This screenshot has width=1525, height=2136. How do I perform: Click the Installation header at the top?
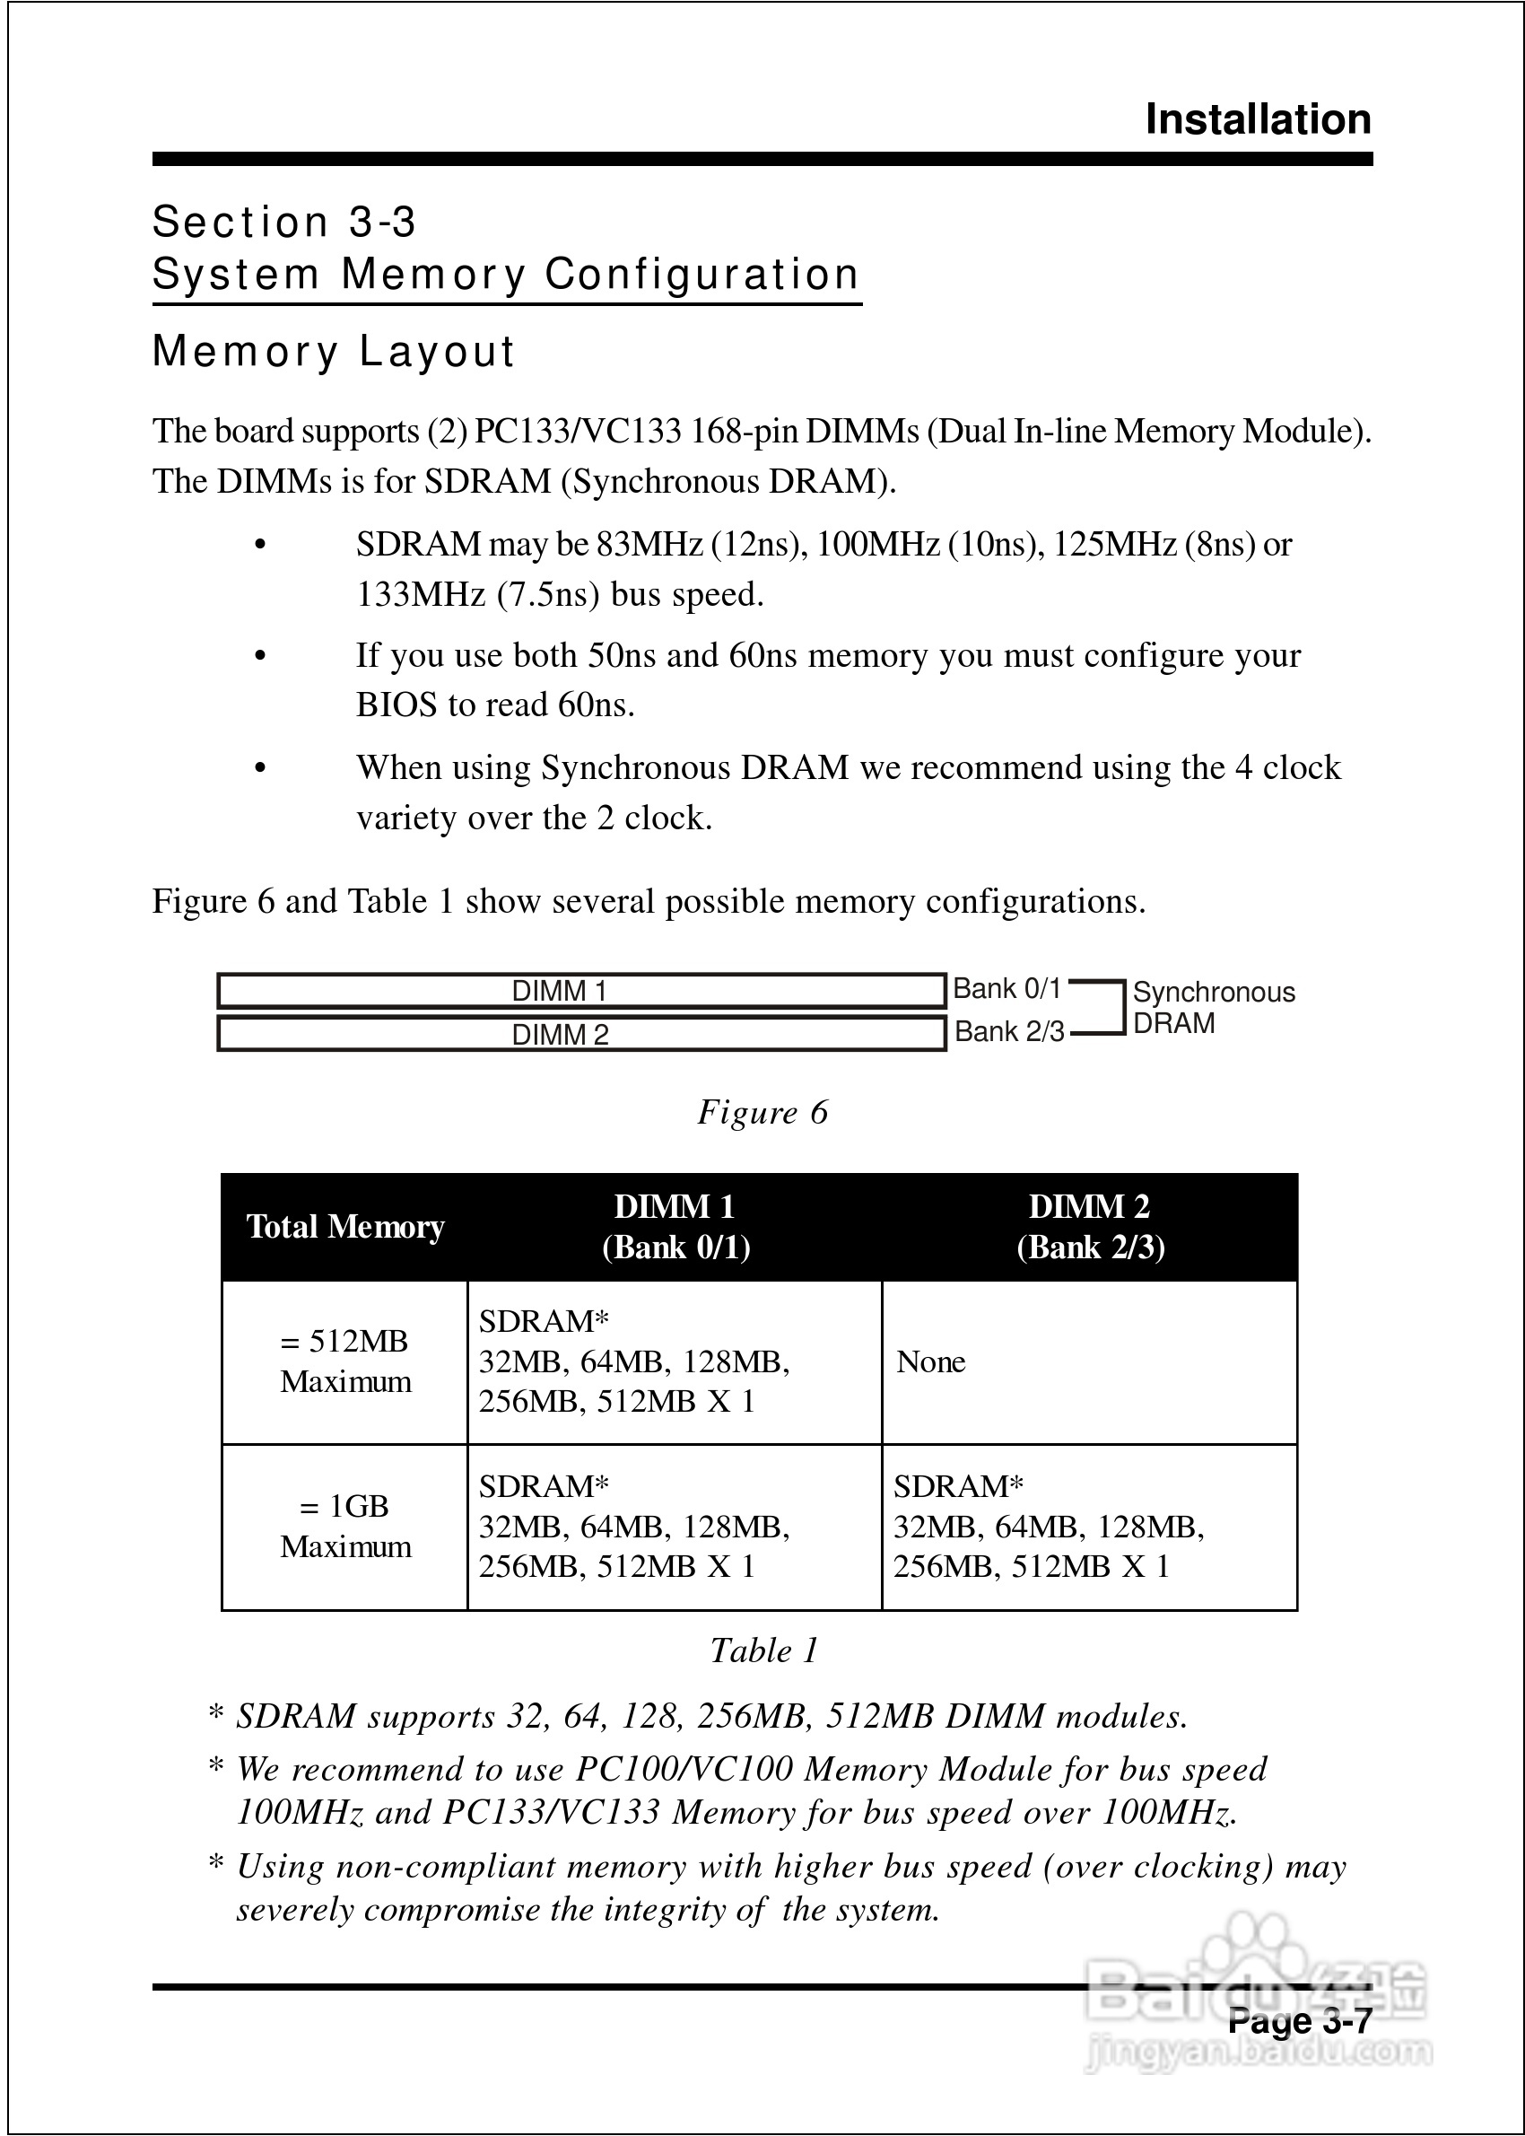click(x=1258, y=120)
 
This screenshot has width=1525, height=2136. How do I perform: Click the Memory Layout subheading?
click(x=334, y=351)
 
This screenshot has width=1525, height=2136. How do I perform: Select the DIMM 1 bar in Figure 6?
click(x=580, y=991)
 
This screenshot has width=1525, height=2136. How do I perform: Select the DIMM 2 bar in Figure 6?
click(x=580, y=1034)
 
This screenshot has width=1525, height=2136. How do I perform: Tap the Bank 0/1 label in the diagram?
click(x=1006, y=989)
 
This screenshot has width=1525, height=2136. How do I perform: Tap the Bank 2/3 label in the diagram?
click(x=1008, y=1032)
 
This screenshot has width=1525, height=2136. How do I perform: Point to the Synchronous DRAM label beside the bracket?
click(x=1212, y=1007)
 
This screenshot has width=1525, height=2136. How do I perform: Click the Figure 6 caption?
click(x=762, y=1112)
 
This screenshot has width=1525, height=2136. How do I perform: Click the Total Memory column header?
click(x=344, y=1227)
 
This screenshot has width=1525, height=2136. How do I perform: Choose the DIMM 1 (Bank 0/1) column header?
click(x=675, y=1227)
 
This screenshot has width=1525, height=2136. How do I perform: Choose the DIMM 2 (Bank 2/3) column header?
click(x=1089, y=1227)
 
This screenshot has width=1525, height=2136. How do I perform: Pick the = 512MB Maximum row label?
click(x=344, y=1361)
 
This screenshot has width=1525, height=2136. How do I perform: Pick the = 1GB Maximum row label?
click(x=344, y=1527)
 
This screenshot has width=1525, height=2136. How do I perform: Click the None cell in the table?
click(x=930, y=1362)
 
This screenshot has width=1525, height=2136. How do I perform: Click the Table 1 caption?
click(x=763, y=1650)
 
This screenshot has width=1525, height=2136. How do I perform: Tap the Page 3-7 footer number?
click(x=1300, y=2021)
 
